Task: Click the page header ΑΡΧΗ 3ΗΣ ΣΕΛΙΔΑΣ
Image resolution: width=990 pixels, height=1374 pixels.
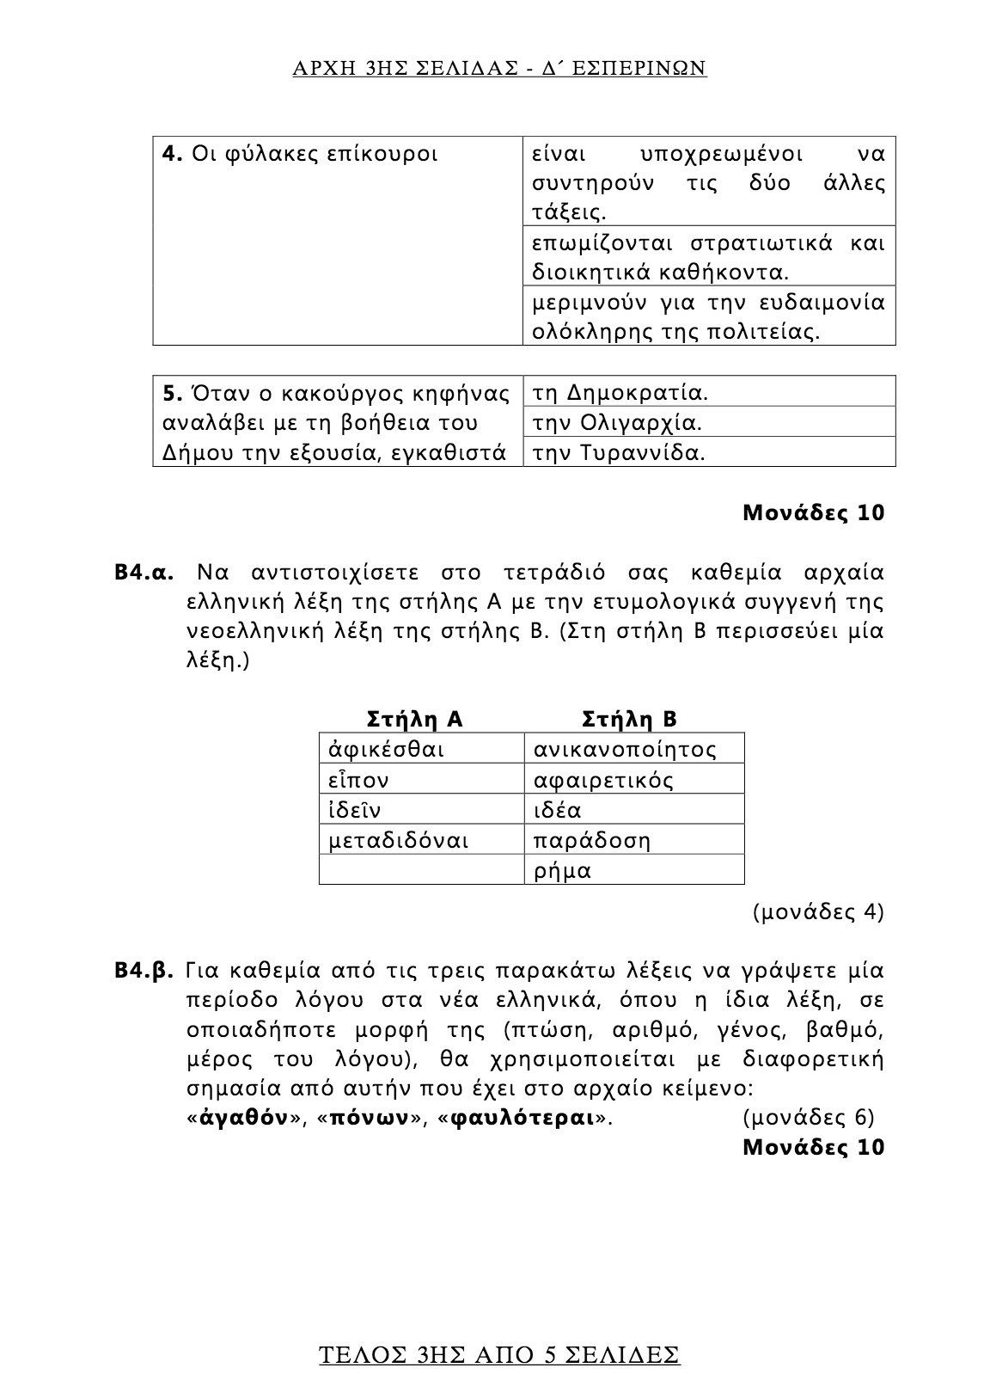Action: coord(499,69)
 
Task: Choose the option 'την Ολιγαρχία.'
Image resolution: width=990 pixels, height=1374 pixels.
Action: coord(617,424)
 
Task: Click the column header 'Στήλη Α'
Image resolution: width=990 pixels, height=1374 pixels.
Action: coord(415,719)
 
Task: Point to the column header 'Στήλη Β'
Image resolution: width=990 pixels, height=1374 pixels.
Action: coord(630,719)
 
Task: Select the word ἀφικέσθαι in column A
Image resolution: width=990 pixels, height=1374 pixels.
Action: coord(387,750)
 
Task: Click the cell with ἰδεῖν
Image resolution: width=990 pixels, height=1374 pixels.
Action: coord(355,811)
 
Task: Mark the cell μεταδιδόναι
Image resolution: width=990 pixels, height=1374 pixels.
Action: coord(399,841)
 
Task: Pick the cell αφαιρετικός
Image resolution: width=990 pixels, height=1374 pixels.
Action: coord(603,781)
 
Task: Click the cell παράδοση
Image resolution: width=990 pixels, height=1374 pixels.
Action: coord(592,841)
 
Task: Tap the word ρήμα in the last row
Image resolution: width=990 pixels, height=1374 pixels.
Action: coord(563,871)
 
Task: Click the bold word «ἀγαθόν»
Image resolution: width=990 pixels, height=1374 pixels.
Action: coord(243,1118)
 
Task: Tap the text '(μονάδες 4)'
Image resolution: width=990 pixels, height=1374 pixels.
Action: coord(818,911)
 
